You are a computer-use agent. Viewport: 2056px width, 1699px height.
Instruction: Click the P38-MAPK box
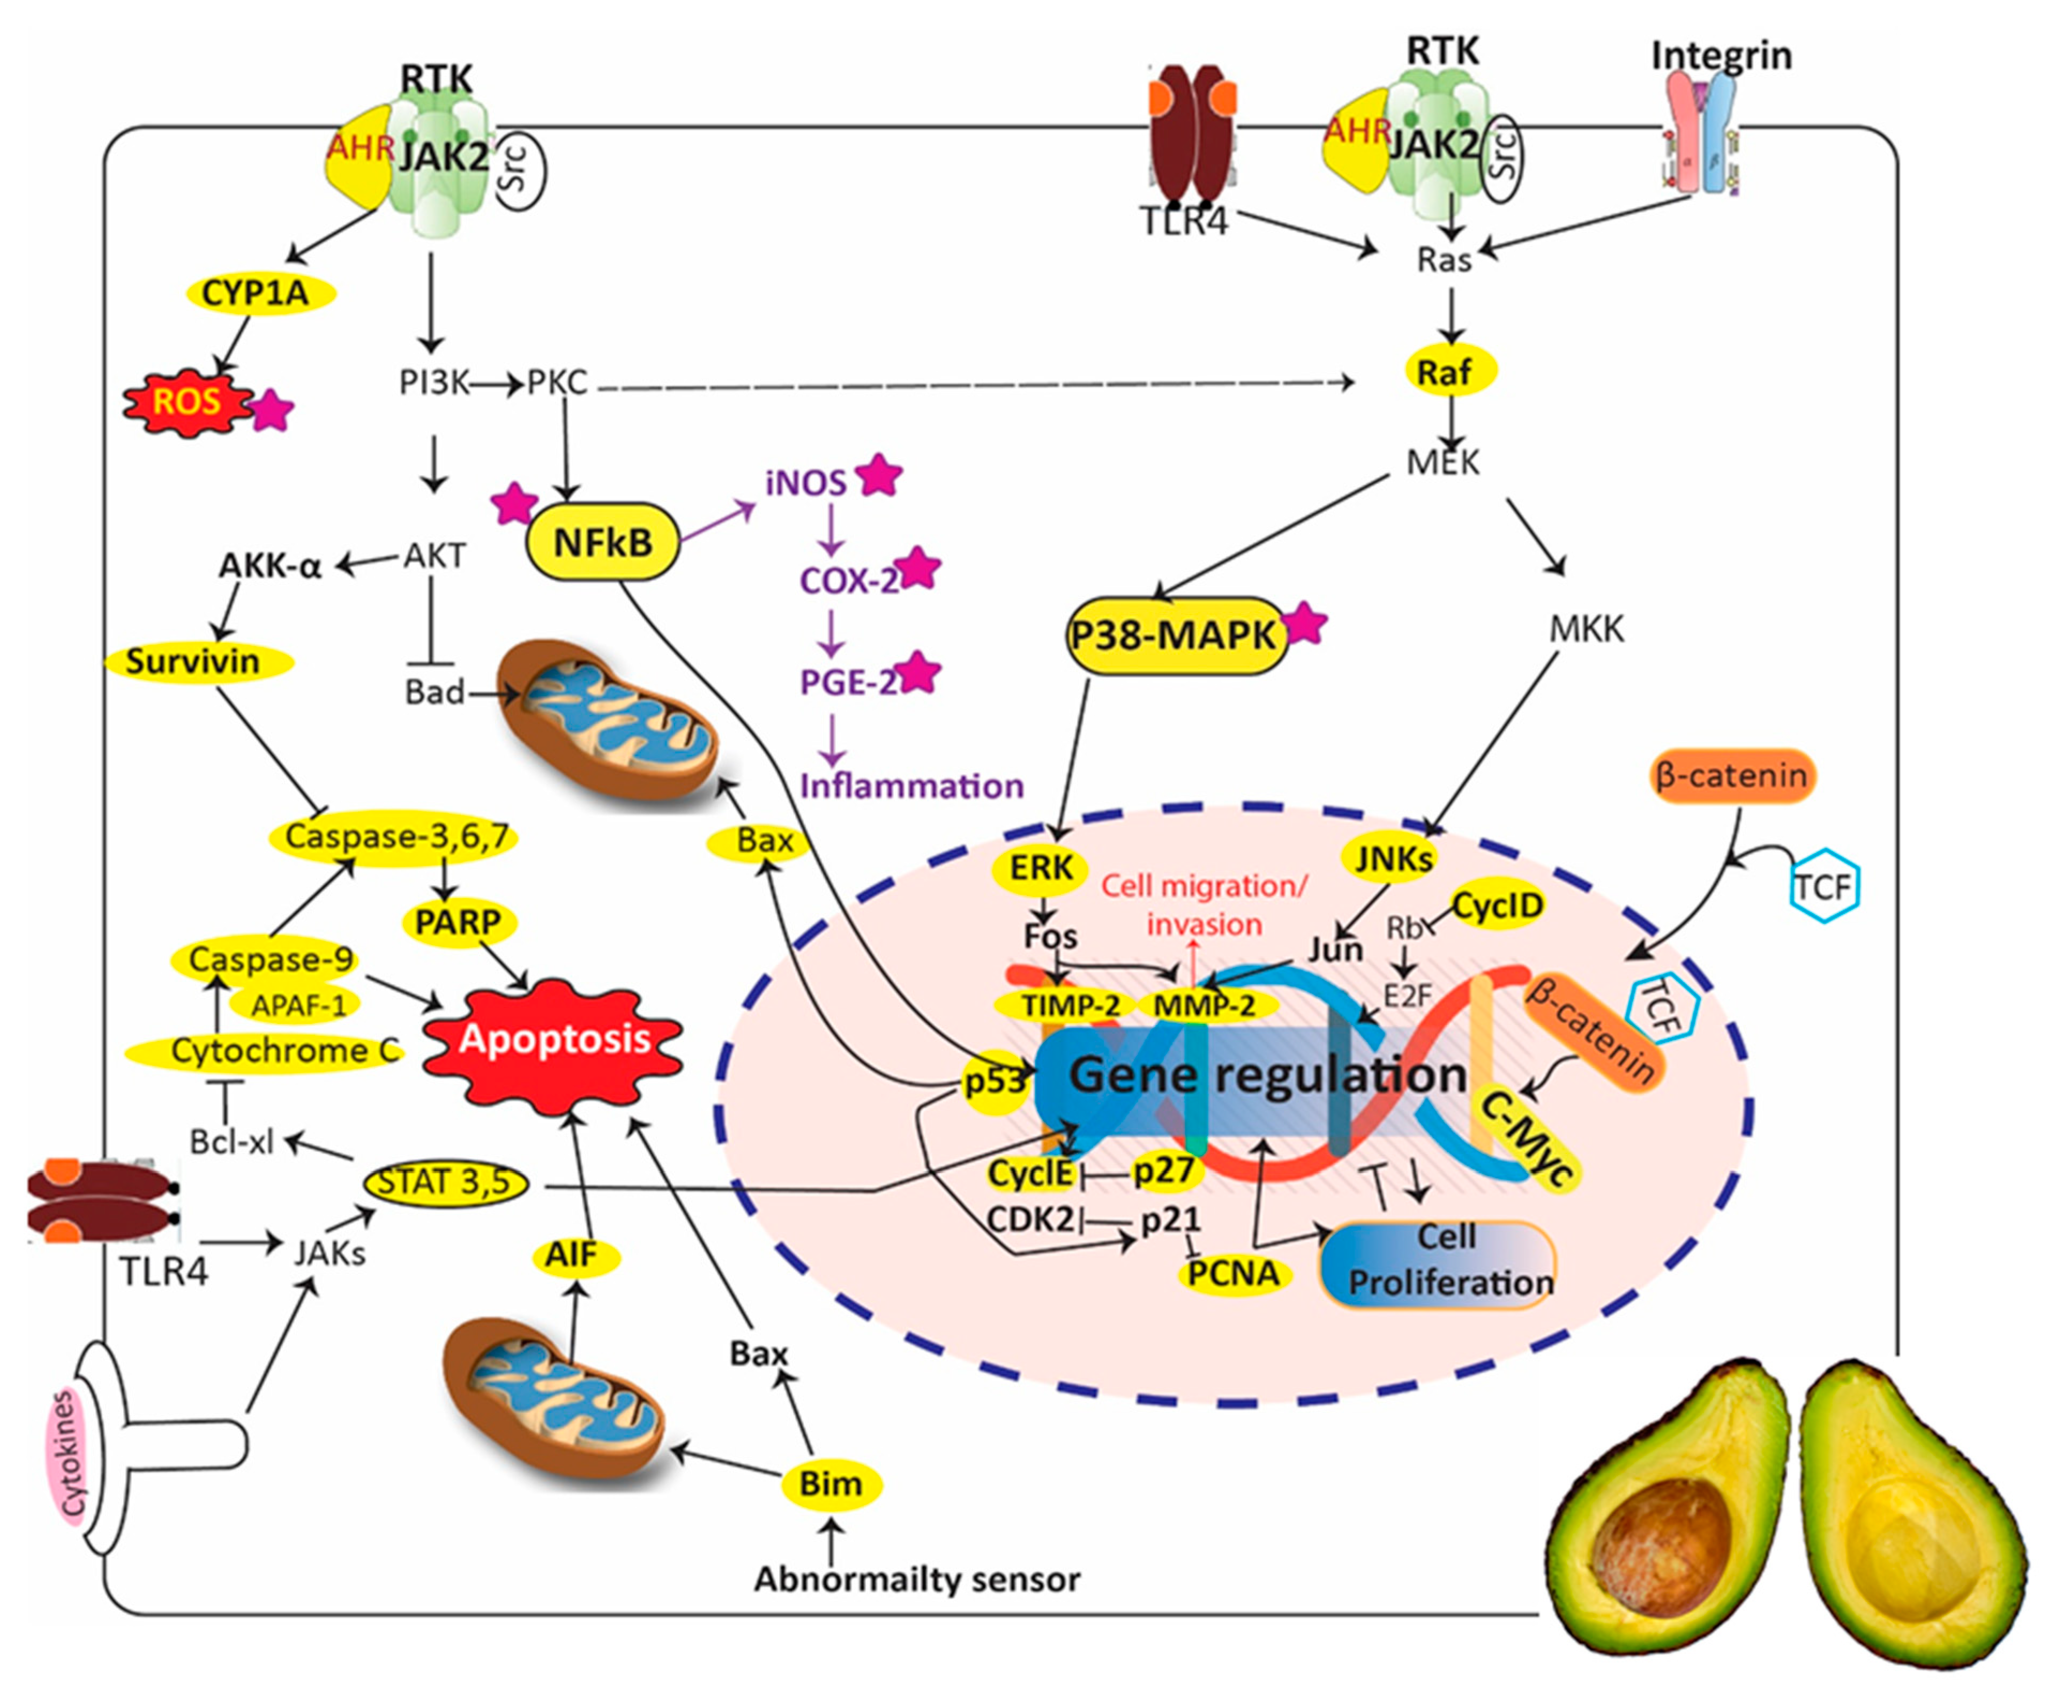(x=1175, y=636)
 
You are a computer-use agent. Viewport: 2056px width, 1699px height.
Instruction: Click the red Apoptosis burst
(x=554, y=1039)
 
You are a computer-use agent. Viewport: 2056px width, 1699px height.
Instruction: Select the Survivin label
(x=194, y=662)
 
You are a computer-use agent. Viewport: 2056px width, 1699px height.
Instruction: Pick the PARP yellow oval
(x=458, y=922)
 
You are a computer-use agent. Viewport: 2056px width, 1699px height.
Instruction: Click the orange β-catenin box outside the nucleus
(x=1732, y=777)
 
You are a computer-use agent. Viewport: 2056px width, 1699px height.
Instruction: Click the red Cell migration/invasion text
(x=1203, y=904)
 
